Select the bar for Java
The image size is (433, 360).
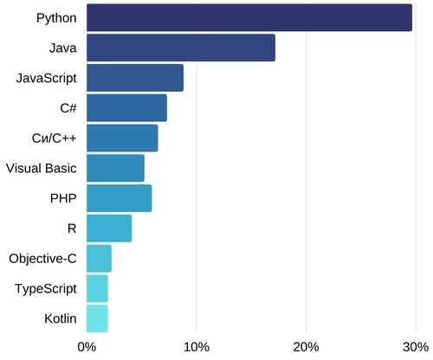coord(181,48)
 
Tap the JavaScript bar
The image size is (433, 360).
coord(135,78)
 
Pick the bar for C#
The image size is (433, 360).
coord(126,108)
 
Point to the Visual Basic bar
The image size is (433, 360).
coord(115,168)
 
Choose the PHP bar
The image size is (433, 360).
coord(120,198)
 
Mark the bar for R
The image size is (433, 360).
coord(109,228)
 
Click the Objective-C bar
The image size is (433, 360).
coord(99,258)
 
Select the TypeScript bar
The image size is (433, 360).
coord(97,288)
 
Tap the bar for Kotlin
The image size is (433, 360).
coord(97,318)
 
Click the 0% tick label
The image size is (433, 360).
coord(87,347)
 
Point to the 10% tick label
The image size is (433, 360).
coord(196,347)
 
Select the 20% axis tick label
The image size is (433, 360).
coord(306,347)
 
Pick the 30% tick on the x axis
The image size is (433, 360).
coord(415,347)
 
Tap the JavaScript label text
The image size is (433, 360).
coord(47,78)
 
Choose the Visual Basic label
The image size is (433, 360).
coord(42,168)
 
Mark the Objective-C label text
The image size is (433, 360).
coord(42,258)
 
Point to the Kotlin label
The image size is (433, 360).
coord(60,318)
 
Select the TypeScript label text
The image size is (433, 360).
coord(46,288)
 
